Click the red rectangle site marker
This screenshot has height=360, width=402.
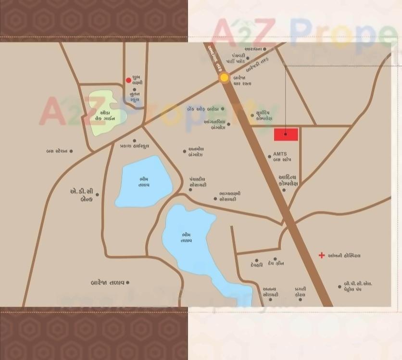coord(286,135)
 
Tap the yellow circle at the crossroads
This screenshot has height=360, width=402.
coord(225,78)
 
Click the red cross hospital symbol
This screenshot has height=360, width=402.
coord(322,255)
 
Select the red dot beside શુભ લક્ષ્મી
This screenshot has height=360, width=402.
coord(128,80)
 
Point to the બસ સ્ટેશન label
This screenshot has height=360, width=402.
coord(57,151)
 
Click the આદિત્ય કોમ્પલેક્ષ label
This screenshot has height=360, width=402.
coord(289,181)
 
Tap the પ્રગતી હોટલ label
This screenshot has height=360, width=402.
coord(301,291)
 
